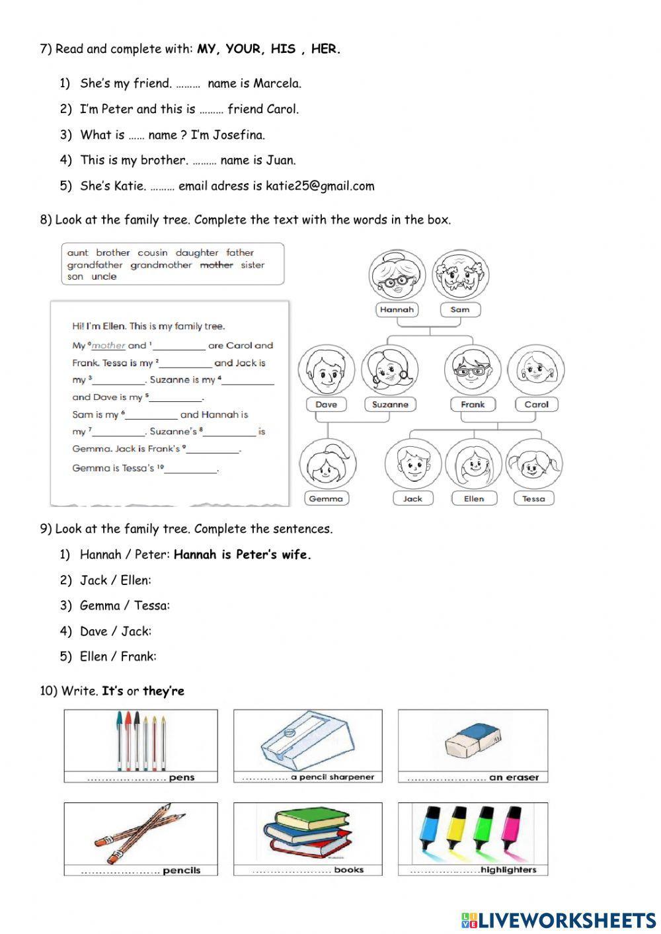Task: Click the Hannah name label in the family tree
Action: tap(397, 309)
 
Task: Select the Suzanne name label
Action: tap(390, 405)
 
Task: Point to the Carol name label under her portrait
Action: tap(536, 405)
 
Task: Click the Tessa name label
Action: tap(533, 498)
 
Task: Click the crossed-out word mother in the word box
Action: tap(216, 265)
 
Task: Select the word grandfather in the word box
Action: tap(95, 265)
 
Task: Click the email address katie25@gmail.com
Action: tap(320, 186)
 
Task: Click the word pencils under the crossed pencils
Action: tap(181, 871)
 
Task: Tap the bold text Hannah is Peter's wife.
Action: tap(242, 555)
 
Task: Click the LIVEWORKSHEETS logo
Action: tap(559, 919)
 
